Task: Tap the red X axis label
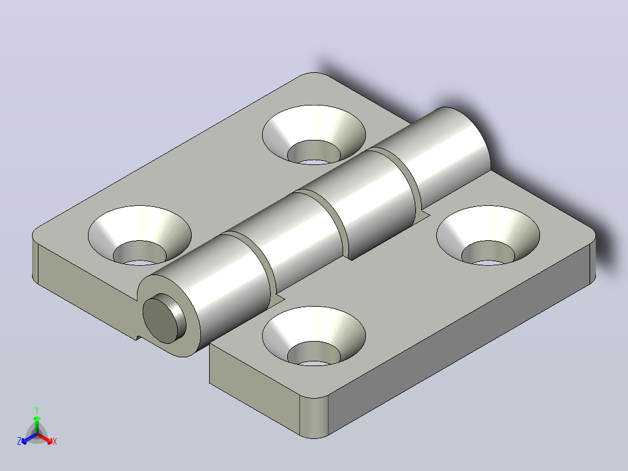pyautogui.click(x=55, y=441)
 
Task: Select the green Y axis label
pyautogui.click(x=37, y=410)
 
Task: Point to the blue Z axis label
pyautogui.click(x=19, y=441)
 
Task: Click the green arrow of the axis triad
pyautogui.click(x=37, y=423)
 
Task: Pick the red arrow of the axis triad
pyautogui.click(x=45, y=438)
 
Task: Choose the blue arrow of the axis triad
pyautogui.click(x=29, y=438)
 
